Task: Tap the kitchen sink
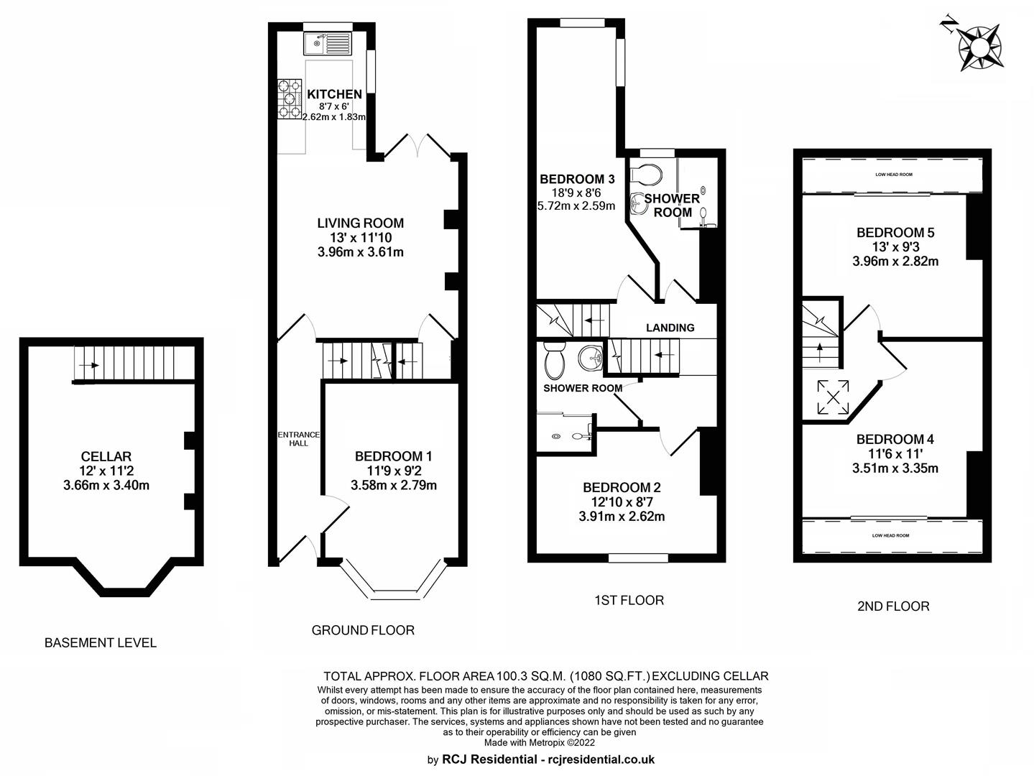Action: click(x=328, y=43)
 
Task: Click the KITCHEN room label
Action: click(x=334, y=94)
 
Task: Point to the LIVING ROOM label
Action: click(x=361, y=223)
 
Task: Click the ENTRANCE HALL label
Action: click(x=299, y=439)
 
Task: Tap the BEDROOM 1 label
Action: click(x=393, y=456)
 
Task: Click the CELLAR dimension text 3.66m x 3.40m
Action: click(x=106, y=485)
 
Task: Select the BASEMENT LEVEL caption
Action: click(x=101, y=643)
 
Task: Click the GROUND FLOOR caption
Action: click(x=363, y=630)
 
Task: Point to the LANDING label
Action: click(x=670, y=328)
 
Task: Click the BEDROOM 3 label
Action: click(x=577, y=179)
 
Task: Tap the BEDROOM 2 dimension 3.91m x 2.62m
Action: click(x=622, y=517)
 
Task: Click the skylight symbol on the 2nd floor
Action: click(x=833, y=398)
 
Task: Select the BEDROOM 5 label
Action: click(x=895, y=233)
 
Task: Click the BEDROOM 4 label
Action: click(x=895, y=439)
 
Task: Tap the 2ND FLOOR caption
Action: click(x=894, y=606)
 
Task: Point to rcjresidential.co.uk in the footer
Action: click(x=599, y=759)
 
